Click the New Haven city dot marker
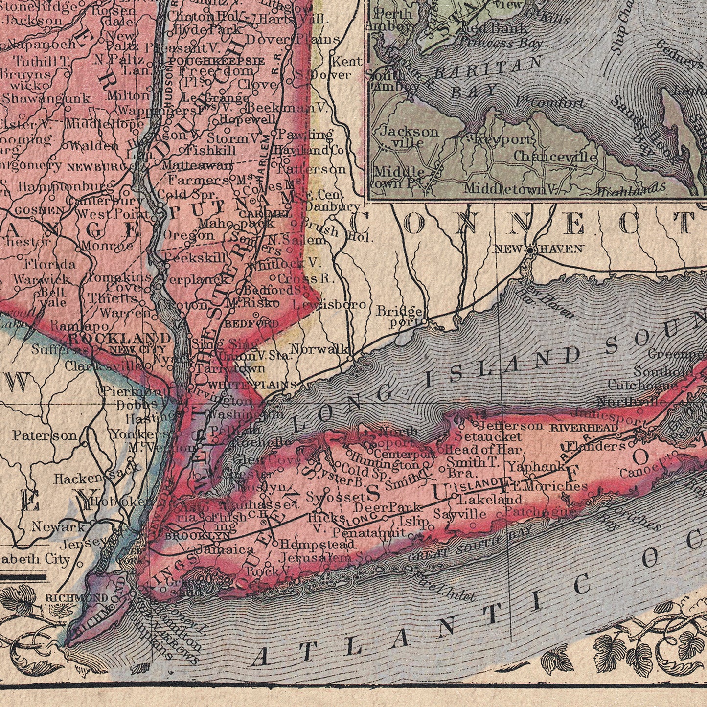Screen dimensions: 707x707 [530, 250]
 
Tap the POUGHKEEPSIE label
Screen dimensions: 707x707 [216, 61]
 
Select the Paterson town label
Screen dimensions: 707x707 [45, 435]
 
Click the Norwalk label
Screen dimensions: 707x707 [319, 349]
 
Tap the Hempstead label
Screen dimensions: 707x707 [317, 544]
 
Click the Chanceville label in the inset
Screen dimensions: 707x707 [555, 157]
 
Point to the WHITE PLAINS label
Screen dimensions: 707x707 [253, 385]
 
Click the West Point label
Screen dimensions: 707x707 [113, 214]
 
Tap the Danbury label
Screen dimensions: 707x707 [332, 206]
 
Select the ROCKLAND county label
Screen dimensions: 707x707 [119, 338]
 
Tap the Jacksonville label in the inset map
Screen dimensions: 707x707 [409, 137]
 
